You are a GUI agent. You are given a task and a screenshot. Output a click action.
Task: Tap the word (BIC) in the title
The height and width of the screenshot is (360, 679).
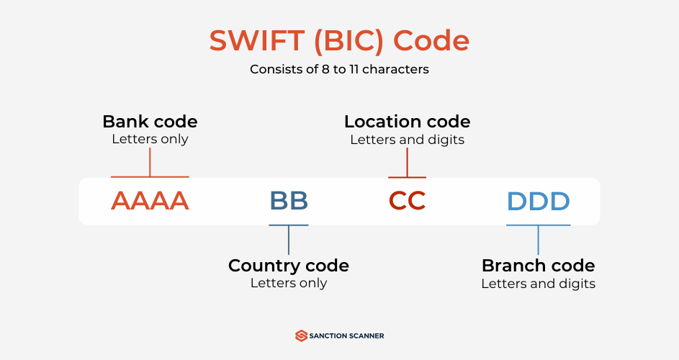pos(349,41)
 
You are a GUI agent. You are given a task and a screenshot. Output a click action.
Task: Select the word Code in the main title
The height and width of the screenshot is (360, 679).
pos(431,40)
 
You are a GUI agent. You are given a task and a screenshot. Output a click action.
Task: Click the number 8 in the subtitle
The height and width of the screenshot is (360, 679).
pos(325,69)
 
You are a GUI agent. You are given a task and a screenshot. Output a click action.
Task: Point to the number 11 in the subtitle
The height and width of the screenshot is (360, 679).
pos(354,69)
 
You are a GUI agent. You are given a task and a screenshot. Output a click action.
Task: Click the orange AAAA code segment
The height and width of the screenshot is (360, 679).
pos(150,201)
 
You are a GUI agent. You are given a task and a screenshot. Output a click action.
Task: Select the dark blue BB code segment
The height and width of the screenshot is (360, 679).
pos(289,201)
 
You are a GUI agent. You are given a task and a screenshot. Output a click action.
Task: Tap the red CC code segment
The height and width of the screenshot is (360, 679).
pos(407,201)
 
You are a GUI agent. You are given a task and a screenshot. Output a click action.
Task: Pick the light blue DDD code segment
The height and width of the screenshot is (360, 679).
pos(539,201)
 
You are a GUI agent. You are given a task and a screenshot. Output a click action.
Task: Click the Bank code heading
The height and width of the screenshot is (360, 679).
pos(150,122)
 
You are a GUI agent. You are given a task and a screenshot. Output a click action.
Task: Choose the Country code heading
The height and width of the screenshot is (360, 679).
pos(289,266)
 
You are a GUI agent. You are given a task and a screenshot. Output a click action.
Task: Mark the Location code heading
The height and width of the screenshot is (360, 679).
pos(407,122)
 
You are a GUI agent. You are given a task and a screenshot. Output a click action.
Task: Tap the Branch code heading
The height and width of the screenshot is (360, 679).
pos(539,266)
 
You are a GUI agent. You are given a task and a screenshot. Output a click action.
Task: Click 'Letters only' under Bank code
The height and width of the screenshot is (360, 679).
pos(150,139)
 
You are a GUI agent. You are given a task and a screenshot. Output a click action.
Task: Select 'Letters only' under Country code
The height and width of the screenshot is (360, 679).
pos(289,283)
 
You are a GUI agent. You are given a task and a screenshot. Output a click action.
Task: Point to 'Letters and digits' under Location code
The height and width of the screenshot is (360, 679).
pos(407,140)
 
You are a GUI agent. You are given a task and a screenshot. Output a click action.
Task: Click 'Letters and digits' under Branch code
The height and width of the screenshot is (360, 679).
pos(539,284)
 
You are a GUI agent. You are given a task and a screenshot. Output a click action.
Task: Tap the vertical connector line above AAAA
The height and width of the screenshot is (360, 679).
pos(150,162)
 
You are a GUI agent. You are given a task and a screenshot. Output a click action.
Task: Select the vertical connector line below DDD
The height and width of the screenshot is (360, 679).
pos(539,240)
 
